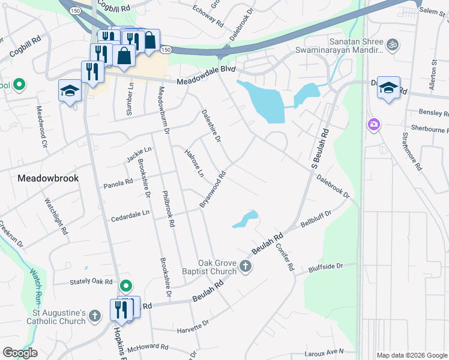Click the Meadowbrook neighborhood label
(x=48, y=178)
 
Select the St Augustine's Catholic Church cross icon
(x=94, y=316)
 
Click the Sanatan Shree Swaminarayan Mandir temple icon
(x=394, y=44)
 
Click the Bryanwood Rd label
(x=212, y=190)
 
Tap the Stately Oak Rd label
(x=91, y=281)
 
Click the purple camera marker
(x=374, y=124)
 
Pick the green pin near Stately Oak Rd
(x=125, y=286)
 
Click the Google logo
(x=20, y=353)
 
